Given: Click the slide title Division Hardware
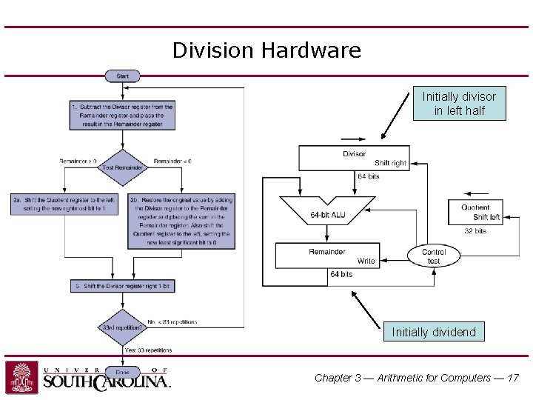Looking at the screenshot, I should tap(266, 50).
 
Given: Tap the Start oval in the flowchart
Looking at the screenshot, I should tap(123, 76).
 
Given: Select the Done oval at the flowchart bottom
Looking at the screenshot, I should tap(122, 372).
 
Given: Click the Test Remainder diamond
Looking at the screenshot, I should tap(124, 167).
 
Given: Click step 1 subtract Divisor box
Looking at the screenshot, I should tap(123, 116).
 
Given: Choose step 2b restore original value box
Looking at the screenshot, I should tap(182, 221).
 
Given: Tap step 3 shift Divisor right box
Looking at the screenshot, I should tap(123, 286).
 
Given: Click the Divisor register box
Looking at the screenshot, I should tap(354, 158).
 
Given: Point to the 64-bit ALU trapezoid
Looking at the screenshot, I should tap(327, 213).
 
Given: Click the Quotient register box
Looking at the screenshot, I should tap(475, 212).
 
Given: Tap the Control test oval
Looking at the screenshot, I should tap(433, 256).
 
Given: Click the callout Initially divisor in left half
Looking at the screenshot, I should tap(459, 104).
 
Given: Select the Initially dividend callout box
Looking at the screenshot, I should tap(434, 332).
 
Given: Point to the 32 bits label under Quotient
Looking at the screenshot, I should tap(475, 231).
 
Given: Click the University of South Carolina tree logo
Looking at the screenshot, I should tap(21, 377).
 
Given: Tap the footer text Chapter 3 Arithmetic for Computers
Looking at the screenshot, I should tap(417, 378).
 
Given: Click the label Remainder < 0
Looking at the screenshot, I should tap(172, 161).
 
